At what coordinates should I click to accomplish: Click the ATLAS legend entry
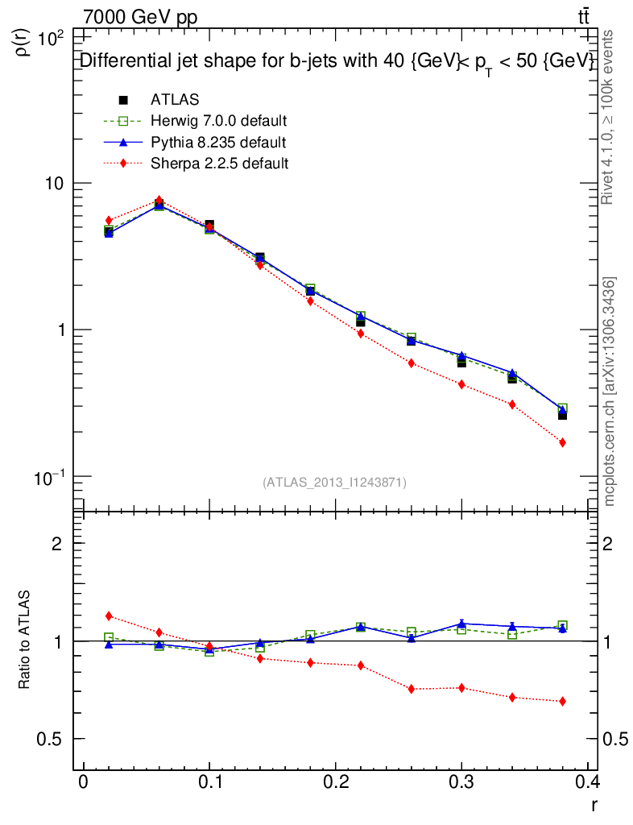point(176,100)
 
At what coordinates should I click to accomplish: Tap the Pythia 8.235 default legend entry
point(217,143)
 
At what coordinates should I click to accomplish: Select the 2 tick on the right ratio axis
point(614,544)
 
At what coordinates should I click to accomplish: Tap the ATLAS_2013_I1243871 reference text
point(334,483)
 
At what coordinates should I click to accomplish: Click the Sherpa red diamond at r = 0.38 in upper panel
point(562,442)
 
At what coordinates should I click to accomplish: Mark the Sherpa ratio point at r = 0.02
point(109,616)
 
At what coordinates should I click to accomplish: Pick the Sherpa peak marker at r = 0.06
point(159,200)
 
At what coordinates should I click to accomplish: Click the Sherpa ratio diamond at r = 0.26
point(411,689)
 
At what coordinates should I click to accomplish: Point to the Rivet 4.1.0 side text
point(610,117)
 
